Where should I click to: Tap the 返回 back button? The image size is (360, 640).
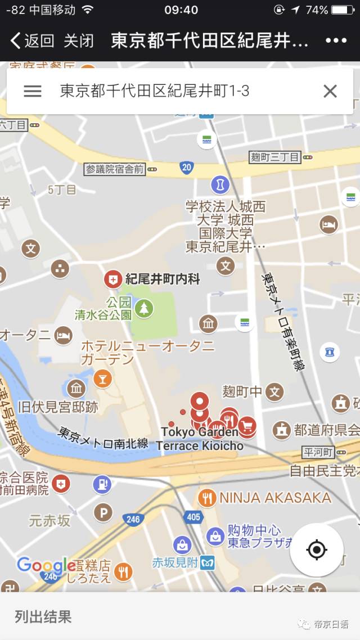(x=32, y=40)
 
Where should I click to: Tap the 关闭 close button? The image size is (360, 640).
(x=78, y=40)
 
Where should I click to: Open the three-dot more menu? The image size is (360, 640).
(x=336, y=40)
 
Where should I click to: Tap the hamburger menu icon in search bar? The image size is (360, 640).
(x=33, y=91)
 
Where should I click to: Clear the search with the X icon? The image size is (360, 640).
(x=330, y=91)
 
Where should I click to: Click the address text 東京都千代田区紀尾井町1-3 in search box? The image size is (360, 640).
(x=154, y=91)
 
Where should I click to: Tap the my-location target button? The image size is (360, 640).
(x=317, y=549)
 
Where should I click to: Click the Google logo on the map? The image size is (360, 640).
(x=46, y=565)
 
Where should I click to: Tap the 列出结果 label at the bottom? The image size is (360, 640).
(x=43, y=616)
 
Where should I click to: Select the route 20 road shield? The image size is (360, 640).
(x=187, y=167)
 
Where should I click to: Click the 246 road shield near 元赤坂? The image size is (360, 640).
(x=133, y=519)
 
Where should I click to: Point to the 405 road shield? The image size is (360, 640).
(x=193, y=516)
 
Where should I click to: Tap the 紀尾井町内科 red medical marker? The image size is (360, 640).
(x=113, y=279)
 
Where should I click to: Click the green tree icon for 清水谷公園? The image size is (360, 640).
(x=145, y=308)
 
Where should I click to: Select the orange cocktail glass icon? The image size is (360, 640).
(x=102, y=378)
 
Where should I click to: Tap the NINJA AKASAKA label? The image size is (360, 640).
(x=275, y=497)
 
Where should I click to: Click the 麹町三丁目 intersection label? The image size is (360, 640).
(x=275, y=157)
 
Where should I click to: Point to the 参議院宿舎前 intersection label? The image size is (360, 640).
(x=115, y=169)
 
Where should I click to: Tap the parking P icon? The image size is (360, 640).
(x=103, y=512)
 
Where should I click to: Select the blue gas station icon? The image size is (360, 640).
(x=102, y=483)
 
